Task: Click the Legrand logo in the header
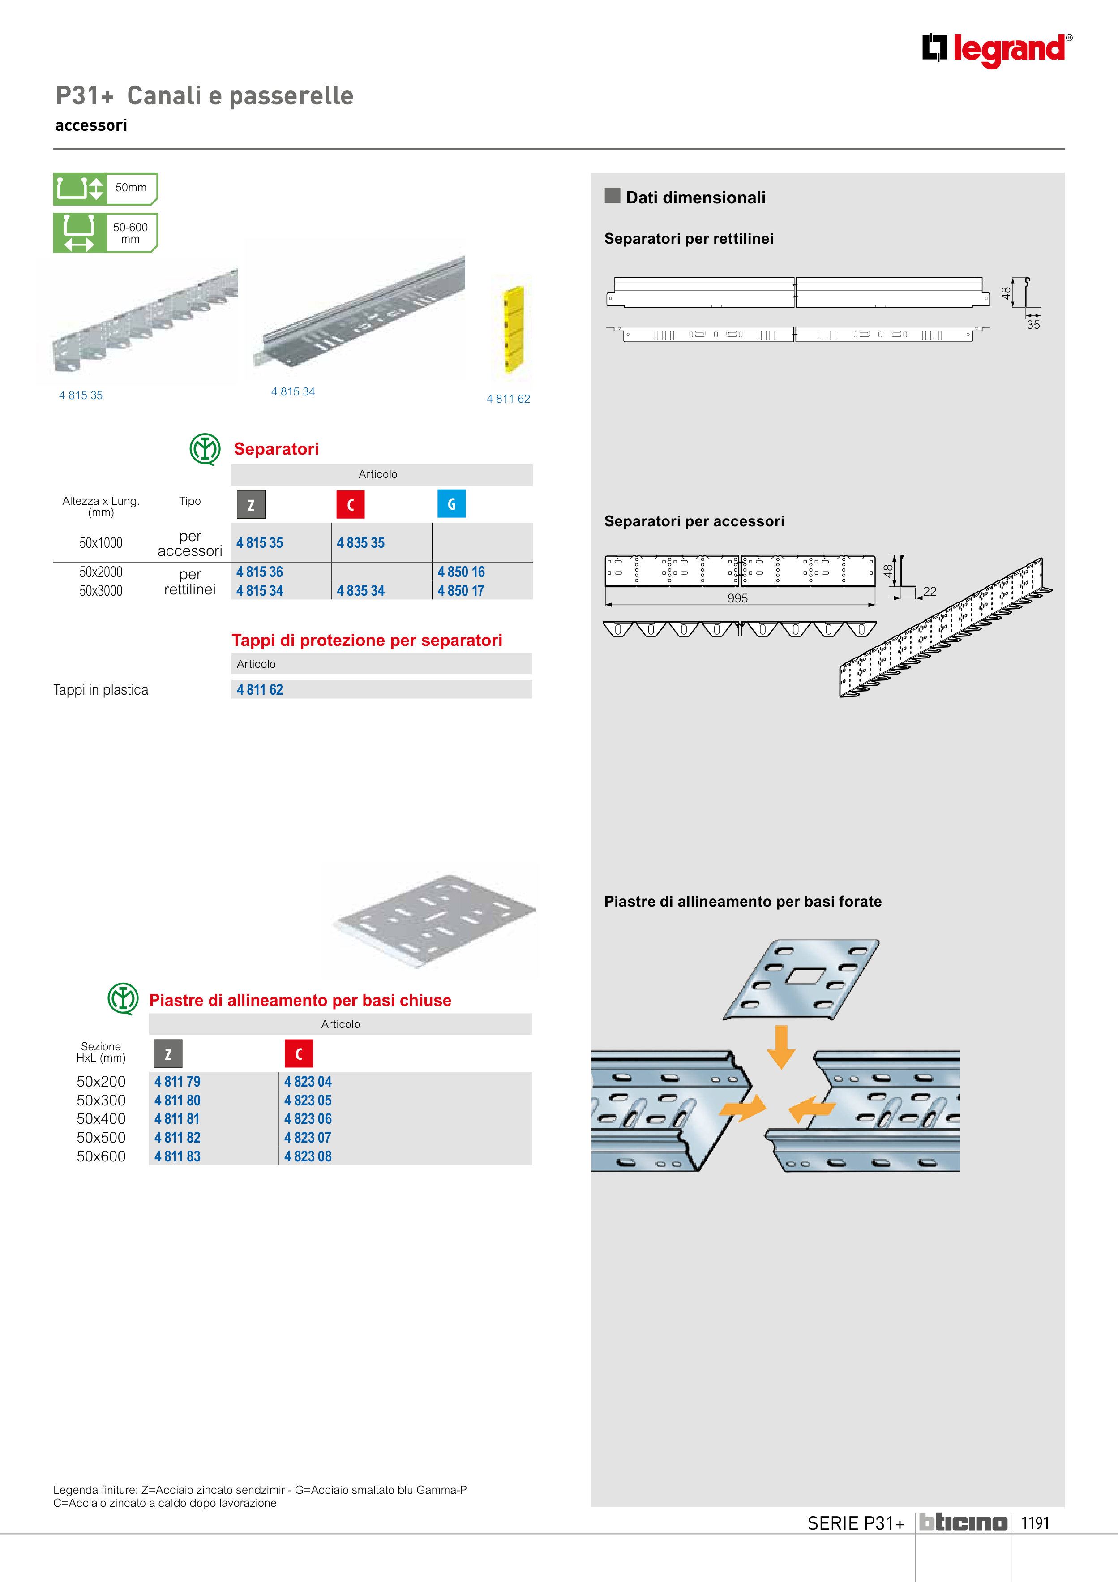coord(996,50)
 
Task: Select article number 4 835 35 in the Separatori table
coord(360,543)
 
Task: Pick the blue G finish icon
coord(451,504)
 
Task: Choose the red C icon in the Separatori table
coord(350,504)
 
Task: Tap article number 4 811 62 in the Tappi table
coord(260,690)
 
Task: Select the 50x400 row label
coord(101,1119)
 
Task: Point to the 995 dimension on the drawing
coord(737,598)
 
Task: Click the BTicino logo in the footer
coord(963,1523)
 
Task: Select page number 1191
coord(1035,1523)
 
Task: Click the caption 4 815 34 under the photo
coord(293,392)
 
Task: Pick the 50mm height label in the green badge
coord(131,187)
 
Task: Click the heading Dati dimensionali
coord(696,198)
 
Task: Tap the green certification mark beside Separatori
coord(205,449)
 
